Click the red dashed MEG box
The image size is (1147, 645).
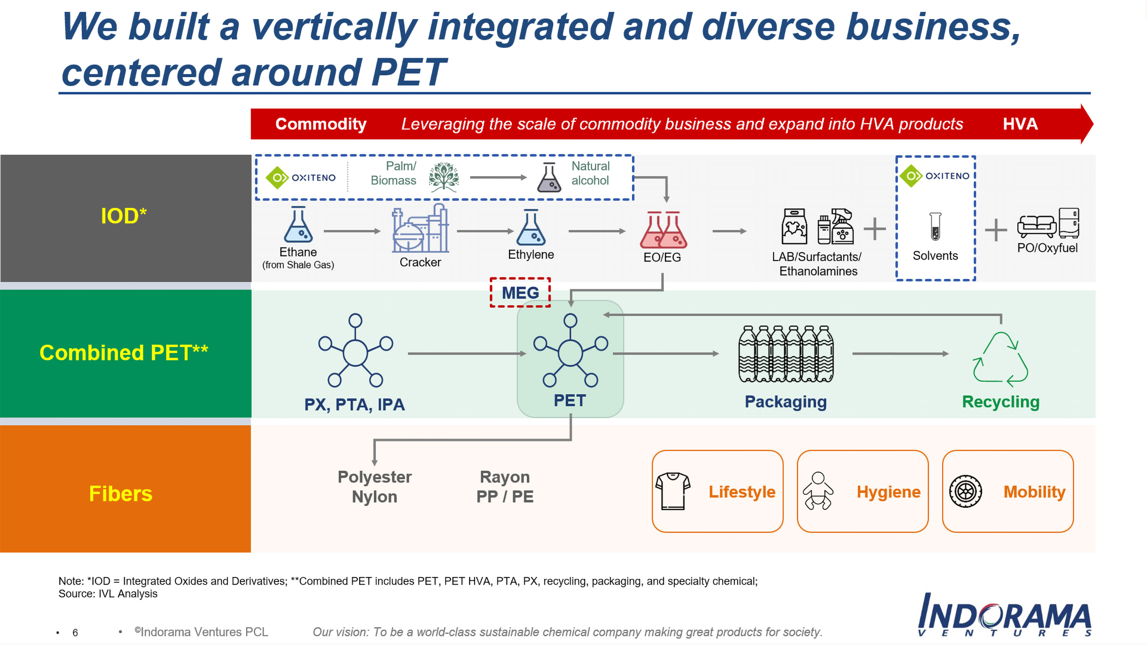tap(520, 292)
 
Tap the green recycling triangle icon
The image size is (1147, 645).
tap(1000, 359)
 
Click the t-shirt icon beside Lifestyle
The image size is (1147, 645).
tap(673, 491)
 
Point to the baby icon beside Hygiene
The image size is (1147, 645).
tap(817, 491)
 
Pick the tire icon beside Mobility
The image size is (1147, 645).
tap(965, 491)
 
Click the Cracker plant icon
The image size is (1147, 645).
tap(420, 229)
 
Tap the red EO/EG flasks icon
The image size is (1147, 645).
tap(663, 230)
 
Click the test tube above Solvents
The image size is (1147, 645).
tap(935, 227)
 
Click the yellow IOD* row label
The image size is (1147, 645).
tap(123, 216)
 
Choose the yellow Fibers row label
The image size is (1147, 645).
tap(121, 494)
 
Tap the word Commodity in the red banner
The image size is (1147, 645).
tap(321, 124)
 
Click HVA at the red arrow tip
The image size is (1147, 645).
tap(1020, 124)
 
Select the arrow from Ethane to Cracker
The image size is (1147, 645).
tap(352, 231)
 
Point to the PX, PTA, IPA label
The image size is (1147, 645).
tap(354, 405)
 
